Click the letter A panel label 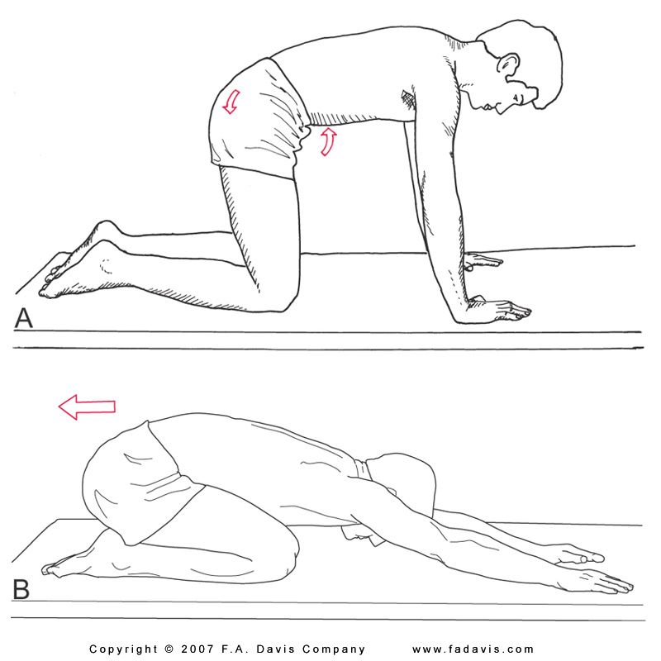[23, 318]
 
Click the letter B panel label [21, 589]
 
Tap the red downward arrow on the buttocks [231, 102]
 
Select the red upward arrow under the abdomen [329, 142]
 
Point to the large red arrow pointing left [87, 407]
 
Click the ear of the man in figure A [508, 69]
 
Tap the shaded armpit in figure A [408, 101]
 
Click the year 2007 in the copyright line [197, 649]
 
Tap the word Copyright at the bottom [123, 649]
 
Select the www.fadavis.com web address [473, 649]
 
